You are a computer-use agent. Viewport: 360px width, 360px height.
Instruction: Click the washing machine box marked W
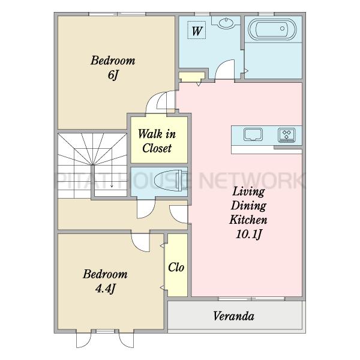click(x=196, y=30)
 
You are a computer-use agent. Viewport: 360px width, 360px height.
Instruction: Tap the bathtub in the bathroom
click(x=272, y=29)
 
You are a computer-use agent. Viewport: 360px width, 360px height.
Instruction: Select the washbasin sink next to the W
click(x=226, y=23)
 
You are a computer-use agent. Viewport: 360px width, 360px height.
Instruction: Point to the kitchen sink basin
click(x=253, y=134)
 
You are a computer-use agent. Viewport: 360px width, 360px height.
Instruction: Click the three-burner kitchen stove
click(x=287, y=135)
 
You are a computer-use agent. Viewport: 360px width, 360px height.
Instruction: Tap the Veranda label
click(x=234, y=316)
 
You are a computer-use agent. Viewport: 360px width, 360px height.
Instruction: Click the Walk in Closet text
click(x=157, y=141)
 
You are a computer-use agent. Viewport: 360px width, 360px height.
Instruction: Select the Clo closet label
click(x=176, y=267)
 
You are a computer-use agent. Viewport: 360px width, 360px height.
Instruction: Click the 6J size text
click(x=113, y=75)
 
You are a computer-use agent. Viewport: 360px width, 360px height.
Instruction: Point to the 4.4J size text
click(x=105, y=289)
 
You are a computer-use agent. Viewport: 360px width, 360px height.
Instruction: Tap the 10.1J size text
click(x=249, y=235)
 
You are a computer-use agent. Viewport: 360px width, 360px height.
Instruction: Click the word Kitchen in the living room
click(x=248, y=220)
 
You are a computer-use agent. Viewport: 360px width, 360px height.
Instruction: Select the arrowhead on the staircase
click(x=112, y=185)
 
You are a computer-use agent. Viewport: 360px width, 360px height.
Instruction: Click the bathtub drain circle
click(x=282, y=28)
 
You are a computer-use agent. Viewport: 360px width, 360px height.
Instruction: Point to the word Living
click(x=248, y=191)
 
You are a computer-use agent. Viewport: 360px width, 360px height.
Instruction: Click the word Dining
click(x=248, y=205)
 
